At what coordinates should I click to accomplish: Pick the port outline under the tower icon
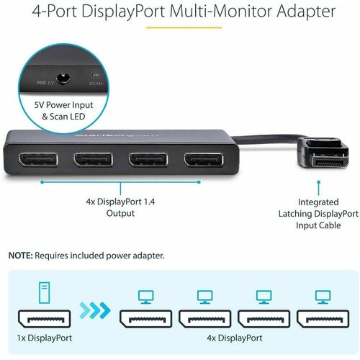click(x=42, y=318)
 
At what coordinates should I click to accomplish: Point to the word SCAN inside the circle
click(x=96, y=83)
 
